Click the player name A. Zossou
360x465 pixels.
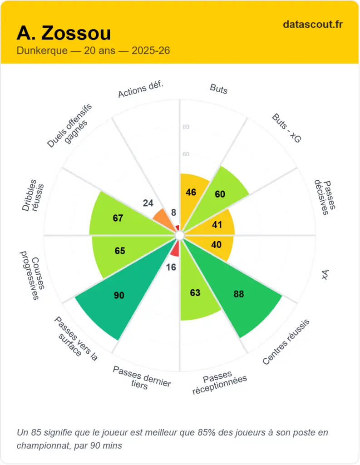[x=64, y=33]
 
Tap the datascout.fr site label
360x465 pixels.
[x=312, y=24]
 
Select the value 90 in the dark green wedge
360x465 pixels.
[x=119, y=296]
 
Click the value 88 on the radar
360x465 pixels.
[x=239, y=294]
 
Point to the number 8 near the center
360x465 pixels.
[x=173, y=213]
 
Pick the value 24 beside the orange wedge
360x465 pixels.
[x=148, y=203]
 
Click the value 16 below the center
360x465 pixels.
[x=171, y=267]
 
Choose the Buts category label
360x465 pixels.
[x=218, y=89]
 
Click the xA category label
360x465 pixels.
[x=325, y=275]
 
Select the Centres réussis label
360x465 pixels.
[x=286, y=341]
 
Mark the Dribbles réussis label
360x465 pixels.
[x=33, y=198]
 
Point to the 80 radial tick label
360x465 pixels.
[x=186, y=127]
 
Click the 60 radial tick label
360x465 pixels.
[x=186, y=154]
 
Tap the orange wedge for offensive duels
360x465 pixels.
[x=161, y=217]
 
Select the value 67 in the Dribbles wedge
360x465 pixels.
[x=118, y=218]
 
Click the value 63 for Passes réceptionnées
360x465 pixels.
[x=195, y=293]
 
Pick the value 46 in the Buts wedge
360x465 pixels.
[x=191, y=193]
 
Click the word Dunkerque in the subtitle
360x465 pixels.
[x=42, y=50]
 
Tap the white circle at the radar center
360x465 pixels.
[x=180, y=235]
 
